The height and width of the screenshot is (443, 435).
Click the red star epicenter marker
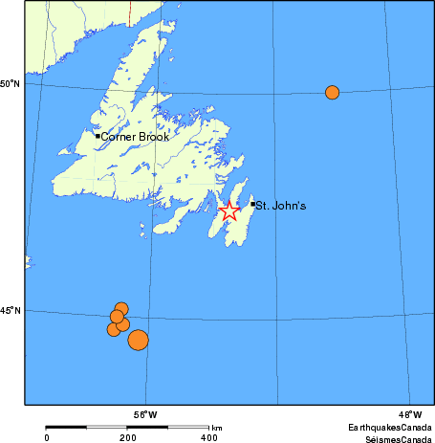[x=228, y=211]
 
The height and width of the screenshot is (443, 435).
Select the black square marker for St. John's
[x=252, y=204]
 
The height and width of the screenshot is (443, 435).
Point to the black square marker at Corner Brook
[x=98, y=136]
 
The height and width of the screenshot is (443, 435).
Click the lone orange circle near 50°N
[x=332, y=93]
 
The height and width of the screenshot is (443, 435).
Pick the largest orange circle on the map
[x=138, y=340]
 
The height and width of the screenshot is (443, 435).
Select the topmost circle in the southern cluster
[x=121, y=308]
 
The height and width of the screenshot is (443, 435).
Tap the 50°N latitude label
[x=11, y=84]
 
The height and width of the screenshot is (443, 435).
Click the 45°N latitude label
[x=11, y=311]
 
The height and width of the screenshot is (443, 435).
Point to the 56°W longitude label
[x=145, y=414]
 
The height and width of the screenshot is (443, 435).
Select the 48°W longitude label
[x=410, y=414]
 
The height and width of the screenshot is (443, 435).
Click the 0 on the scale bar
[x=47, y=437]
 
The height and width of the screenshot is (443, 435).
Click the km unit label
[x=217, y=428]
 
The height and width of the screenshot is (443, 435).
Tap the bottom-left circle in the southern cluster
[x=114, y=329]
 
